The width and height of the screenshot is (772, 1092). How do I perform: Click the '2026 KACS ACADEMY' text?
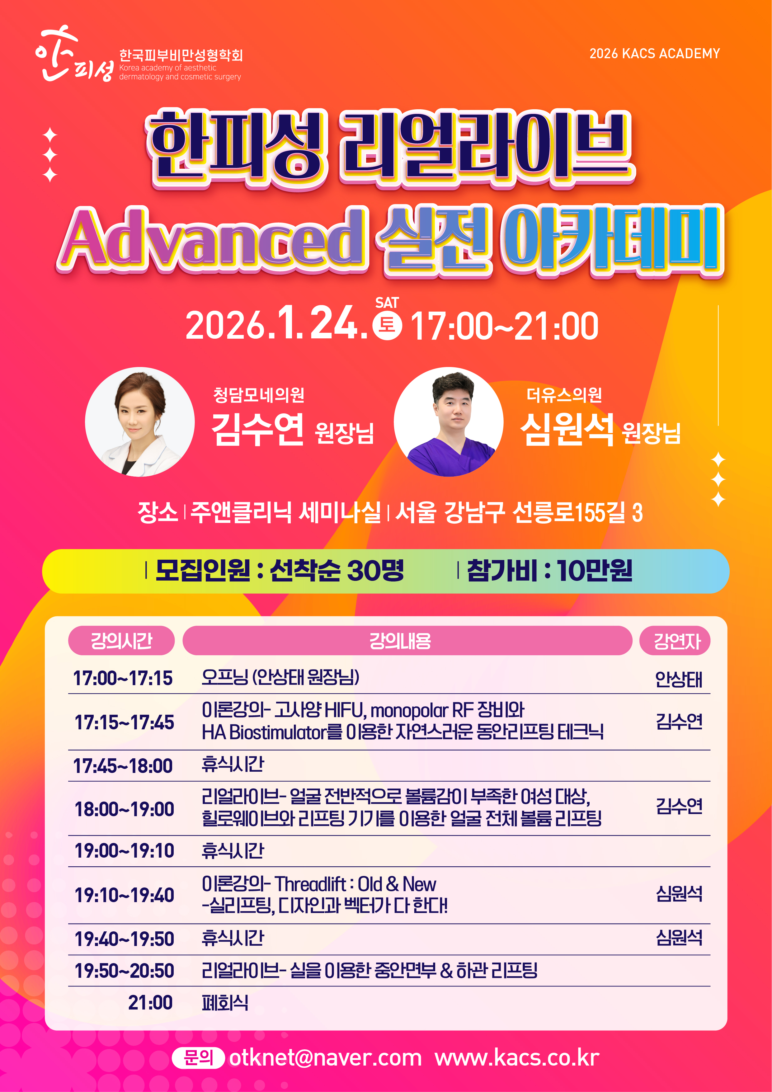(655, 53)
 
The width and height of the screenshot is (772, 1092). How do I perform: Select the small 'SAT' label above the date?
(387, 303)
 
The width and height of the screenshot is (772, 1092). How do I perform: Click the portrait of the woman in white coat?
(140, 422)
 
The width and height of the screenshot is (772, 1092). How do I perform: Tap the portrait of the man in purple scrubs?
(449, 422)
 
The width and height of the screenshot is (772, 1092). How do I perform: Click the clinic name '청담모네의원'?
(258, 395)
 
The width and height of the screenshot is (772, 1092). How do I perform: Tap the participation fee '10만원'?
(595, 570)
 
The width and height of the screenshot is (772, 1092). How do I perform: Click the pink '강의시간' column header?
(121, 641)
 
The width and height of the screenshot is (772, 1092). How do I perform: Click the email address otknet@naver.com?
(325, 1057)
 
